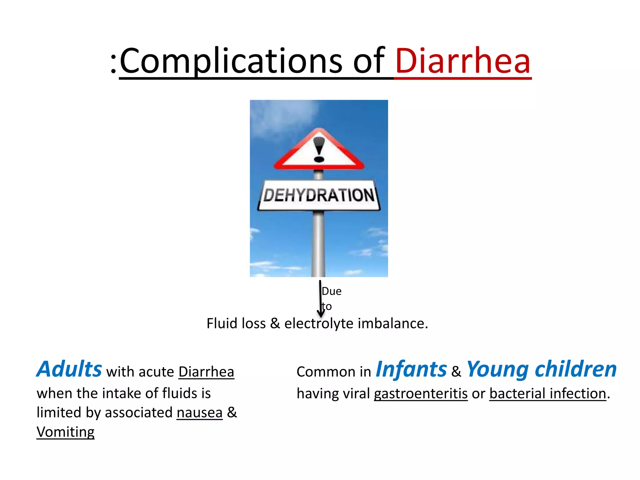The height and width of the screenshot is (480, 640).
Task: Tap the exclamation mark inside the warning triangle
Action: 319,149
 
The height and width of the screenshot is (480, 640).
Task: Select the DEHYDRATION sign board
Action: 319,195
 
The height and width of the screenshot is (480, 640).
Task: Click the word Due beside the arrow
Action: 332,291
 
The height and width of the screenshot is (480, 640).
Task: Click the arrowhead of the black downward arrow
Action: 321,313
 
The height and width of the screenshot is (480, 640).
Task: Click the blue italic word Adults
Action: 69,369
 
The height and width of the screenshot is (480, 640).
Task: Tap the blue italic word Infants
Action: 411,369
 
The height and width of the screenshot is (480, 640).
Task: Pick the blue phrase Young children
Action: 542,369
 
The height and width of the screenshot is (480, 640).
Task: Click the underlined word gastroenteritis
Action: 421,393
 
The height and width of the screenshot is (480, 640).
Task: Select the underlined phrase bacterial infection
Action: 547,393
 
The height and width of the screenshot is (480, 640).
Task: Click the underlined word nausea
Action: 199,413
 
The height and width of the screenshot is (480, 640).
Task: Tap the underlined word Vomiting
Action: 65,432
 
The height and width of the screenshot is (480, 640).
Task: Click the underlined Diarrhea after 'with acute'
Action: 206,372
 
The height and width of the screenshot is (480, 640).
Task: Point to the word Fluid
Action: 222,323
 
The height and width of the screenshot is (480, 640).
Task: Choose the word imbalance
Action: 392,323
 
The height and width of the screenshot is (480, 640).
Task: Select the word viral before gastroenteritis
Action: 356,393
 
